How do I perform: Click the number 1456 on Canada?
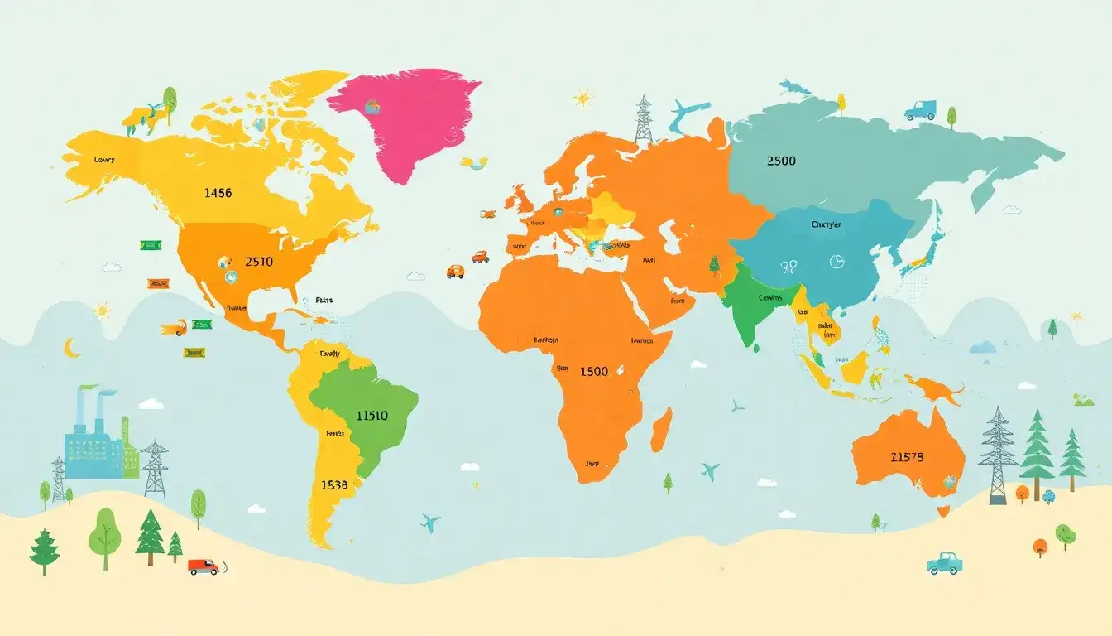(217, 193)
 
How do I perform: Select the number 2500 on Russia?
(781, 161)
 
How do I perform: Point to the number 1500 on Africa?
(594, 372)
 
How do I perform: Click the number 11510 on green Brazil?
(371, 416)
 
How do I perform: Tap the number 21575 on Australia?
(907, 456)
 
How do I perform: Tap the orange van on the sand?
(203, 566)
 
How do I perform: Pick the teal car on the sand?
(944, 563)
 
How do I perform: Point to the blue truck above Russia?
(920, 110)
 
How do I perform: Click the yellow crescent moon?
(73, 348)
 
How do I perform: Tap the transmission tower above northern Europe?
(643, 120)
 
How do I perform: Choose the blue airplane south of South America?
(429, 523)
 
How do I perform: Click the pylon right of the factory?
(155, 469)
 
